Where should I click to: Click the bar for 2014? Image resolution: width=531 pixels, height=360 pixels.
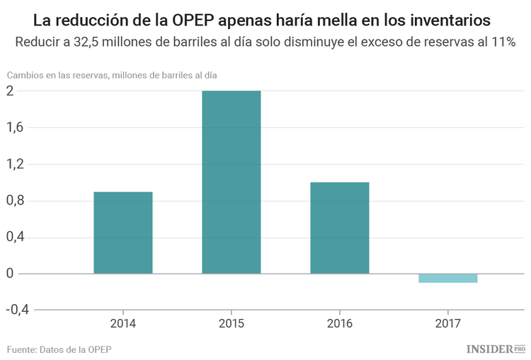(123, 233)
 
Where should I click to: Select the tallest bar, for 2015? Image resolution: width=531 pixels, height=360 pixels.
(232, 182)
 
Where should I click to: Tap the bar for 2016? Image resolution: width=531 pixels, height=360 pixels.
(340, 228)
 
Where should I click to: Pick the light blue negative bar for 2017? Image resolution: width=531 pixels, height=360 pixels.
(447, 278)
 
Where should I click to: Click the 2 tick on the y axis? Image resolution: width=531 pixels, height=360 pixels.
(11, 91)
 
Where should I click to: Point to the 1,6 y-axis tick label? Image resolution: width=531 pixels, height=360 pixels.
(16, 127)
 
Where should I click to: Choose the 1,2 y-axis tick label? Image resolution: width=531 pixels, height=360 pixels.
(16, 164)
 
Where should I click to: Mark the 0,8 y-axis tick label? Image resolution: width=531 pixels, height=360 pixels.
(16, 201)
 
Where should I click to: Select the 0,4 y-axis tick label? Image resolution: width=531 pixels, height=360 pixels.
(16, 237)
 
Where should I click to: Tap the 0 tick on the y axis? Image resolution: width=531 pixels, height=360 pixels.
(11, 274)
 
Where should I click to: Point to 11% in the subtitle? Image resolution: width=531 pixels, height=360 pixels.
(502, 42)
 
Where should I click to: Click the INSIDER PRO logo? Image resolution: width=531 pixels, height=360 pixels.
(496, 349)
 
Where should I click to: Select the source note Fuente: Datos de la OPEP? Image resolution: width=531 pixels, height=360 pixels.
(59, 349)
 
